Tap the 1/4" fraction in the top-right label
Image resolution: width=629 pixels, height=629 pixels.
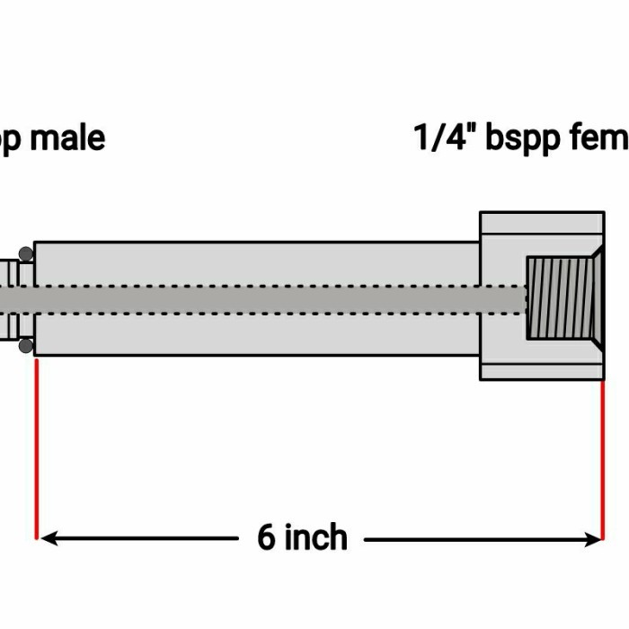pyautogui.click(x=445, y=139)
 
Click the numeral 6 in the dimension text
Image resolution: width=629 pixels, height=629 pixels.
pyautogui.click(x=267, y=537)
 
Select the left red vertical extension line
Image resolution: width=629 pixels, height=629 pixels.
pyautogui.click(x=36, y=449)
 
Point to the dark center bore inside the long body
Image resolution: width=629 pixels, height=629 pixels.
pyautogui.click(x=270, y=299)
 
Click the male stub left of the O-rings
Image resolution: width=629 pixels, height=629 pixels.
pyautogui.click(x=7, y=299)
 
